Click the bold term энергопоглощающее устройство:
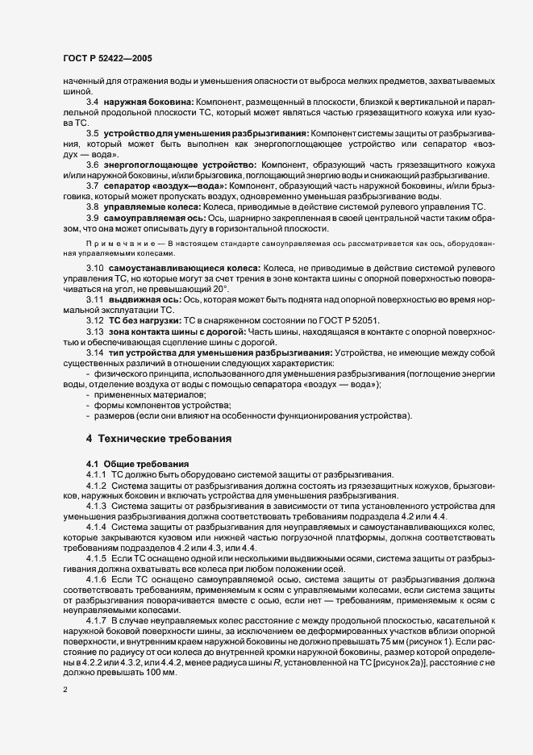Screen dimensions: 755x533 (169, 164)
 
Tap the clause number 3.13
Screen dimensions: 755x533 (95, 332)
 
